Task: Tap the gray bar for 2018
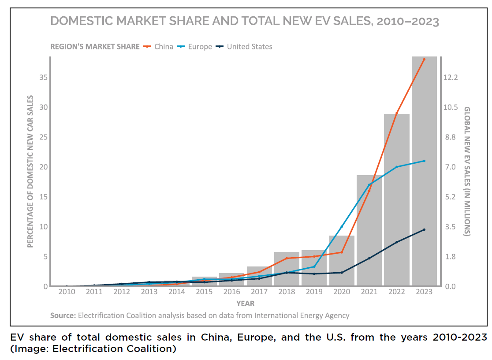coord(287,269)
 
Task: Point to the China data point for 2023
coord(424,59)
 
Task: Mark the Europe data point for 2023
coord(424,161)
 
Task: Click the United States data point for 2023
coord(424,229)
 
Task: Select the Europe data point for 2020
coord(342,227)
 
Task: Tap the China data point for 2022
coord(396,113)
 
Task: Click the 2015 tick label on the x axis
coord(204,292)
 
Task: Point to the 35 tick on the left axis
coord(43,77)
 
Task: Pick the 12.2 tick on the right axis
coord(451,77)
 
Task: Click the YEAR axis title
coord(245,304)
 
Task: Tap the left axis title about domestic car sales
coord(30,171)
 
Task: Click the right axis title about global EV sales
coord(467,171)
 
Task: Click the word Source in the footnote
coord(63,315)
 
